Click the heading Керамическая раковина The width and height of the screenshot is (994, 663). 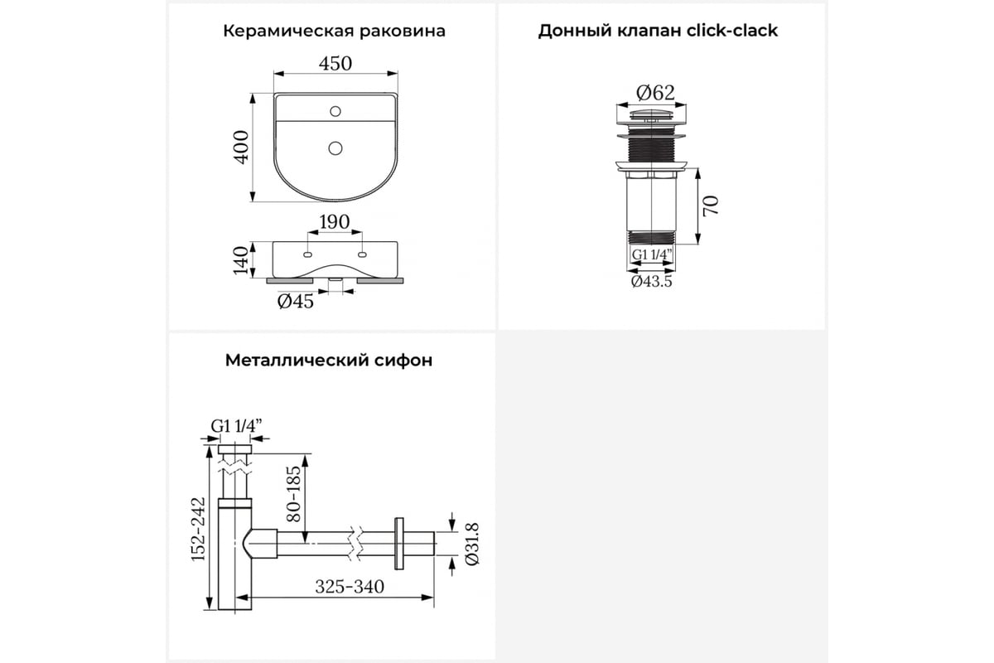[334, 31]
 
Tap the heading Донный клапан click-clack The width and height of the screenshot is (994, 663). [658, 31]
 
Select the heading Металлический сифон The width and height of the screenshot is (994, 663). [328, 361]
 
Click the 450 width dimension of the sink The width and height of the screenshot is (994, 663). [335, 64]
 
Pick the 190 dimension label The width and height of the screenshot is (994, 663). [335, 222]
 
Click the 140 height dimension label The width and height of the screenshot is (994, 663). [241, 259]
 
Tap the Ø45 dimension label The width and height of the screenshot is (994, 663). [296, 302]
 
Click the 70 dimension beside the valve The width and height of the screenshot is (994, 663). [711, 204]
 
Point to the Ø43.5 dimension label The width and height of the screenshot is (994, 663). [651, 282]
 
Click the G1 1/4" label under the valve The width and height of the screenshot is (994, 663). [650, 254]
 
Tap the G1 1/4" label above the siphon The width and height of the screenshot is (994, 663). [236, 426]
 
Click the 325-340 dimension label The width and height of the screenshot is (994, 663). [349, 587]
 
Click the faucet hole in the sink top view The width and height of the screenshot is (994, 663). [335, 109]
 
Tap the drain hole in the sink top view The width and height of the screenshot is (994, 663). [335, 148]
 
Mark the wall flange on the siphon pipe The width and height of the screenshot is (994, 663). [400, 544]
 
